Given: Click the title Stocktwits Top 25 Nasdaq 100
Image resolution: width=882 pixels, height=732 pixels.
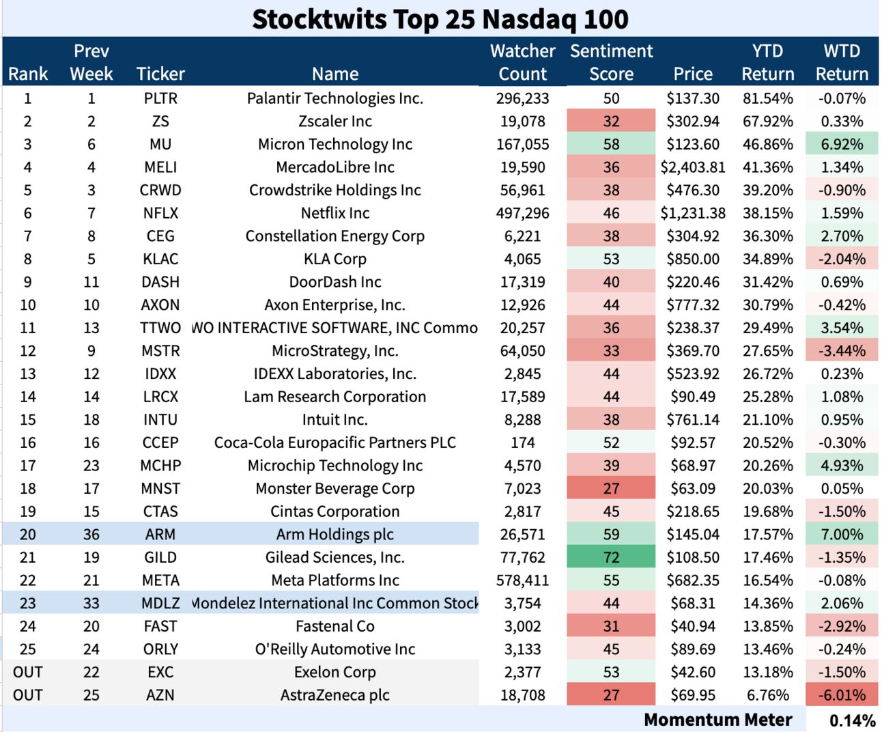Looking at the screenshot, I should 440,18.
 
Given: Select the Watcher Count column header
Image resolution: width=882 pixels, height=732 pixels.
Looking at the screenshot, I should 522,62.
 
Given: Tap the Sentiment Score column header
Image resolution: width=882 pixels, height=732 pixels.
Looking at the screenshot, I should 611,62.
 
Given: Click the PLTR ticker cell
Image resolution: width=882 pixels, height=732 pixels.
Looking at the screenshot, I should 160,98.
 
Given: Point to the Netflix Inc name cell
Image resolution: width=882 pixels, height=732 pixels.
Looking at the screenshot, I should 335,213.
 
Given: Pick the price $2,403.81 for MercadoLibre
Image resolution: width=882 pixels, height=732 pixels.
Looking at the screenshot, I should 692,167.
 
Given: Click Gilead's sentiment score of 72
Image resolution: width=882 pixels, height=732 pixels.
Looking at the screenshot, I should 611,557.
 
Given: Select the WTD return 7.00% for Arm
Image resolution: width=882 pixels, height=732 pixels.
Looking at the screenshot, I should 842,535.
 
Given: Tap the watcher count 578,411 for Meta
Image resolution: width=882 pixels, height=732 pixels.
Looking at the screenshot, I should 522,580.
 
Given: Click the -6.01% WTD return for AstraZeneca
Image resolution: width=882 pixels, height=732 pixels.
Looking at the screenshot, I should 842,695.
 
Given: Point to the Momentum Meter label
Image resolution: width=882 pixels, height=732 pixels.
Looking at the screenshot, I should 717,720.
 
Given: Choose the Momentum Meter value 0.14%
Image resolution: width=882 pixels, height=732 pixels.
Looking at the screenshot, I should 852,720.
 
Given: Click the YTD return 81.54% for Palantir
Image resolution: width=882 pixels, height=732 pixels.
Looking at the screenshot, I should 768,98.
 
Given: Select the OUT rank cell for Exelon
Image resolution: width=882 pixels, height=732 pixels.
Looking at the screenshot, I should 28,672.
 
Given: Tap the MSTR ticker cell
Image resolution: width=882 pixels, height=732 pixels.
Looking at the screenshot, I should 160,351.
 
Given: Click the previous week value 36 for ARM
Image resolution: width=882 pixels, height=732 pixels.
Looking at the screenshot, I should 91,535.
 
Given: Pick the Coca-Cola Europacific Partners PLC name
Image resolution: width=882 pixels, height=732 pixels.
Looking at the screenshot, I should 335,442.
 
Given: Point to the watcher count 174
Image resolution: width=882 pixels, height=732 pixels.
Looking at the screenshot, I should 522,442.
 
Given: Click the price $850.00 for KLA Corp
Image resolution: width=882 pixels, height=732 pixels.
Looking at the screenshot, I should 692,259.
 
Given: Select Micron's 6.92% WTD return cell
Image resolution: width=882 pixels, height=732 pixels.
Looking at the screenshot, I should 842,144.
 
